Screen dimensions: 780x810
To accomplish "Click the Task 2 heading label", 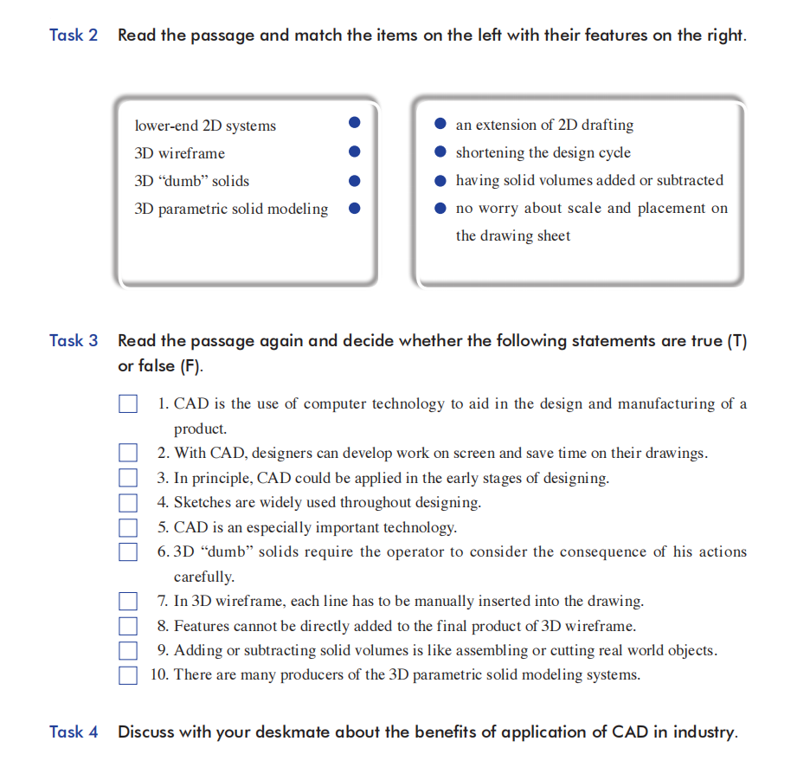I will tap(74, 35).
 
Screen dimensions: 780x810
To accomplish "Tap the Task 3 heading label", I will tap(74, 340).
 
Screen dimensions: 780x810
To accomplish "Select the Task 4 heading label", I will tap(74, 732).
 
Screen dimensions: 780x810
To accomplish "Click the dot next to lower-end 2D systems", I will tap(354, 124).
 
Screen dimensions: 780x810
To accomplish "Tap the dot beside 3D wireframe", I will tap(354, 152).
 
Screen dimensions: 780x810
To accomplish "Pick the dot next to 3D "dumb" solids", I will tap(354, 180).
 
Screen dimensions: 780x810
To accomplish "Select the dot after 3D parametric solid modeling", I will tap(354, 208).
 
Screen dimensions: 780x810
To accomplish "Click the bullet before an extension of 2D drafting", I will tap(440, 124).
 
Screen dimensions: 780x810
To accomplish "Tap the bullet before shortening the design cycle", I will tap(440, 152).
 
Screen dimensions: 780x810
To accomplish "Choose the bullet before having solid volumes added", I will tap(440, 180).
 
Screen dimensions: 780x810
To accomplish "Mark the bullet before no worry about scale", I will tap(440, 208).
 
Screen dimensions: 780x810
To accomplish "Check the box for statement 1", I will tap(128, 404).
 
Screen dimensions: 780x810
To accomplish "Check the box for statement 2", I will tap(128, 453).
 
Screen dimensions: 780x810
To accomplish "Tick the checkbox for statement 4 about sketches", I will tap(128, 502).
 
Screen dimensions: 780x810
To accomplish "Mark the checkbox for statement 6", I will tap(128, 551).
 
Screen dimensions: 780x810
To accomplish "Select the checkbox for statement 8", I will tap(128, 626).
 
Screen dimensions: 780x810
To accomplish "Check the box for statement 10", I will tap(128, 675).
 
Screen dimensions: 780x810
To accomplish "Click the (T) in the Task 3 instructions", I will tap(736, 340).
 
